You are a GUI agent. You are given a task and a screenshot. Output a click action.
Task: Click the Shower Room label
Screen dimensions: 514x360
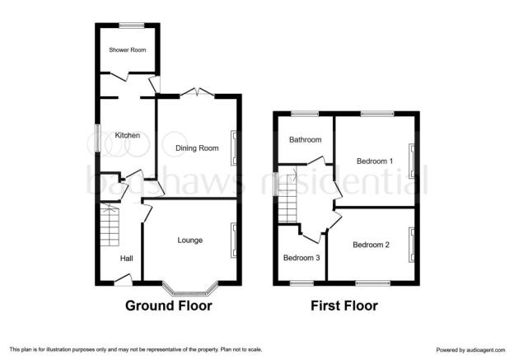click(128, 49)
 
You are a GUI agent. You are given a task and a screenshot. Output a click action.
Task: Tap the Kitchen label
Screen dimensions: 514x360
click(128, 135)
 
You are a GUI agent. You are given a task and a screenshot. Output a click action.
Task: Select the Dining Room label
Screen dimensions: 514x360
click(197, 148)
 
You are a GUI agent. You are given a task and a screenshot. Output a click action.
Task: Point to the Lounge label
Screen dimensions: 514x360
click(190, 241)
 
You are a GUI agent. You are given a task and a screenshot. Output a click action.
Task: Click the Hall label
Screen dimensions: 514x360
click(127, 259)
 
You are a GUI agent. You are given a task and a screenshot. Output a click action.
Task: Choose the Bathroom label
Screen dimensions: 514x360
click(305, 140)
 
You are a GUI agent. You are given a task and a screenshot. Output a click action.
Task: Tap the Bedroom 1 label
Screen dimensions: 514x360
click(375, 161)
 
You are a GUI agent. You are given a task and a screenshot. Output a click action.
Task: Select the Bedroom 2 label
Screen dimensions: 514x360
click(371, 245)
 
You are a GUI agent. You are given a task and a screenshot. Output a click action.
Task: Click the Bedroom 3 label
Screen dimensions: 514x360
click(301, 258)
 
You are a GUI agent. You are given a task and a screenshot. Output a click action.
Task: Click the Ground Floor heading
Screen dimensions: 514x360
click(169, 306)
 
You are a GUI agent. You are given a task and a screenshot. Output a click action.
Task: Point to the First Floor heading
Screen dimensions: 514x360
click(344, 306)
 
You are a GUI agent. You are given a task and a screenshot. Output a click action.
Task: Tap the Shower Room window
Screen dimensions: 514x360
click(132, 26)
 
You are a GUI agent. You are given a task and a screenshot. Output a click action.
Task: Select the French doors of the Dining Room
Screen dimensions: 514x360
click(197, 93)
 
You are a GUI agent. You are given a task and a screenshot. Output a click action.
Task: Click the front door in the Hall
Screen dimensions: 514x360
click(124, 280)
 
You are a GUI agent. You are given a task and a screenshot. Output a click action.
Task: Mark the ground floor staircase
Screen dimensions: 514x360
click(110, 225)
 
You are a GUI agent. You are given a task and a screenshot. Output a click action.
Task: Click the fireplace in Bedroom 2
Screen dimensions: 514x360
click(411, 245)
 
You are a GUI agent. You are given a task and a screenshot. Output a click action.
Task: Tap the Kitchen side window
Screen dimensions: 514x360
click(97, 138)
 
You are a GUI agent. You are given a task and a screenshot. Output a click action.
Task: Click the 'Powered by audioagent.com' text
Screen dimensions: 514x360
click(470, 350)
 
